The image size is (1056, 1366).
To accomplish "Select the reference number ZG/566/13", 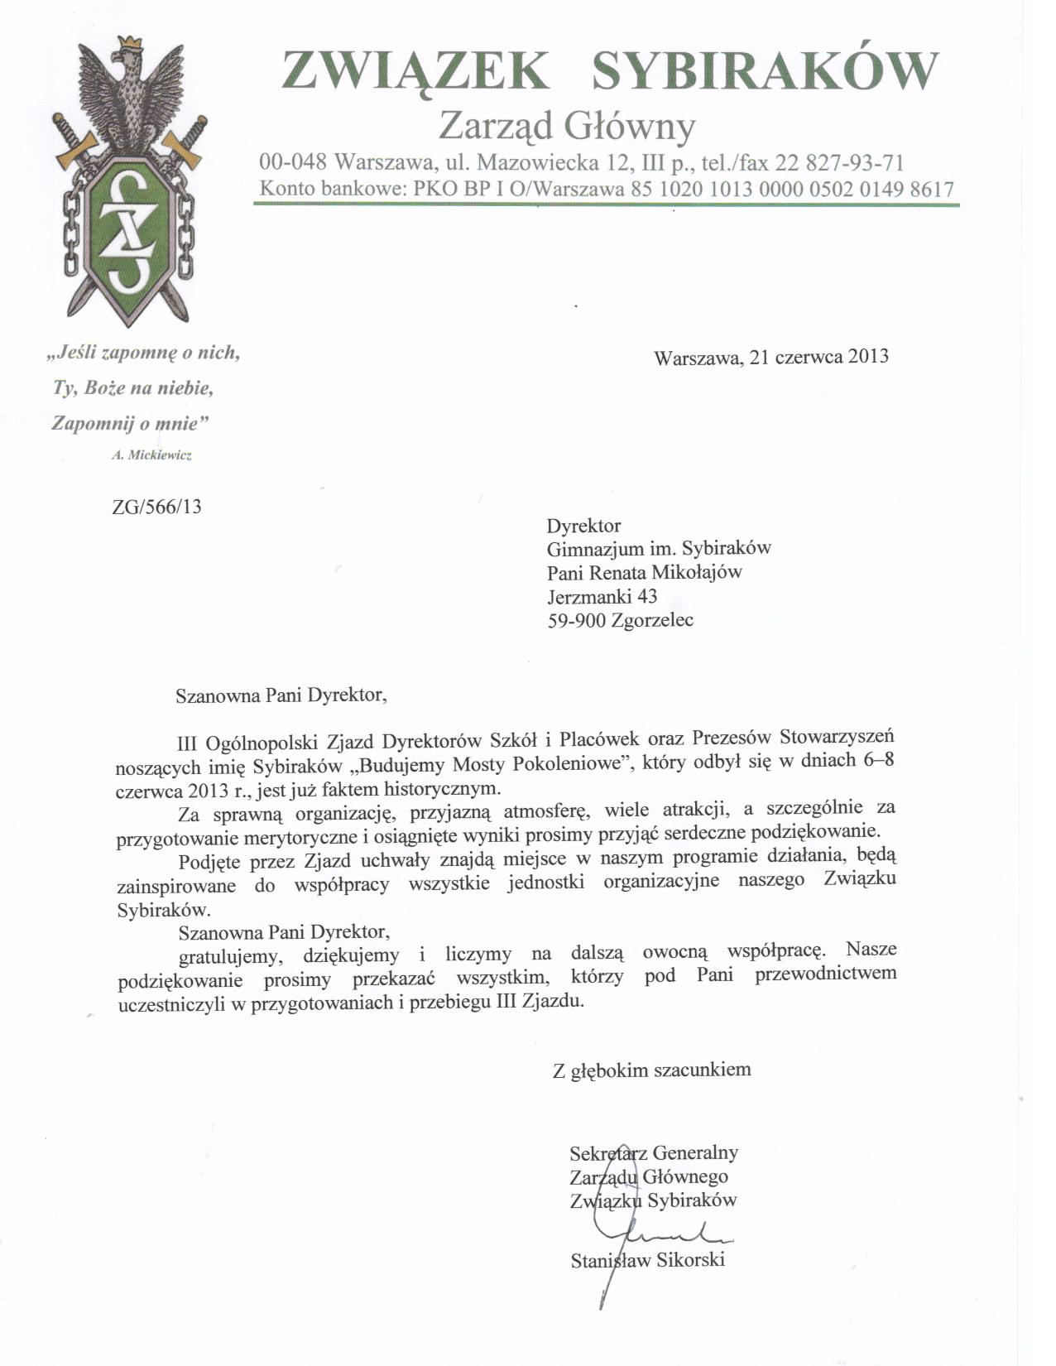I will click(x=156, y=506).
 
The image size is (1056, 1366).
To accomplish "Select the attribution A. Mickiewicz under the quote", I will click(x=151, y=455).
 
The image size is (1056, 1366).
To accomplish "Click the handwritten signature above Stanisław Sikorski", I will click(x=670, y=1235).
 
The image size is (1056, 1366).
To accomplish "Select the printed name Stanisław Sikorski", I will click(x=648, y=1261).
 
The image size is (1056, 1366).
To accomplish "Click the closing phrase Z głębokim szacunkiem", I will click(x=652, y=1070).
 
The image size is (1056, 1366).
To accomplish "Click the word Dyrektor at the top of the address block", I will click(x=583, y=525).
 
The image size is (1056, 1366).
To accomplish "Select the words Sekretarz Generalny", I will click(x=654, y=1152).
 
